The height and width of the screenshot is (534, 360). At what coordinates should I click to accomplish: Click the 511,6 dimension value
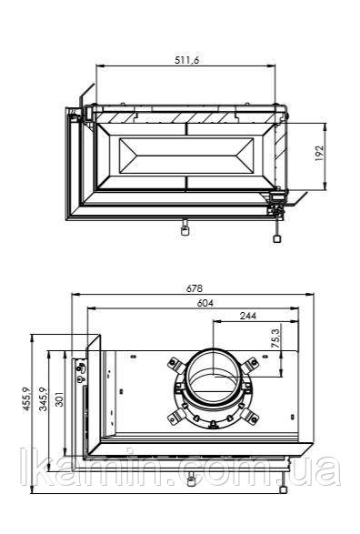click(x=186, y=60)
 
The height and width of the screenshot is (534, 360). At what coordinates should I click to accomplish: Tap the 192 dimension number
click(x=319, y=153)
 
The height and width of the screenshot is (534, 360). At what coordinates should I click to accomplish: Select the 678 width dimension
click(x=195, y=288)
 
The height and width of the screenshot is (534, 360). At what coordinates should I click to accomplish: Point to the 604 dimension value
click(x=205, y=303)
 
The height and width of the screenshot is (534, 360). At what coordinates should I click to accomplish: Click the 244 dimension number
click(x=248, y=316)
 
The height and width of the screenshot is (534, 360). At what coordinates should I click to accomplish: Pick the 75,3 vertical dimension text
click(x=275, y=338)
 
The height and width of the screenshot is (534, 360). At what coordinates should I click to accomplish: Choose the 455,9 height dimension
click(x=27, y=399)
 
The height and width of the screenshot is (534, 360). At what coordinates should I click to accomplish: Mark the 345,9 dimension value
click(x=44, y=399)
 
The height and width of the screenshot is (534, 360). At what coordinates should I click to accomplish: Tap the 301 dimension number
click(x=60, y=398)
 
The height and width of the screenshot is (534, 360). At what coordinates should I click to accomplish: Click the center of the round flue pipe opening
click(x=214, y=375)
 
